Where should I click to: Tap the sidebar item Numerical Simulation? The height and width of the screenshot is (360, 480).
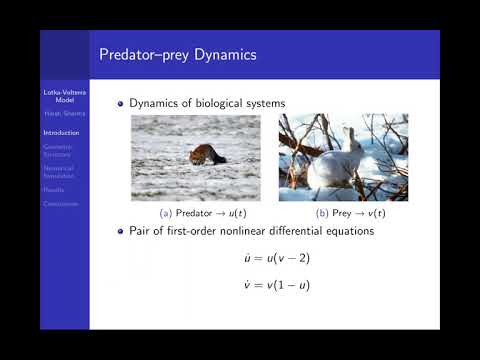(60, 170)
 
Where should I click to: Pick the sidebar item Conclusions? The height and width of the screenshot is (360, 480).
(60, 204)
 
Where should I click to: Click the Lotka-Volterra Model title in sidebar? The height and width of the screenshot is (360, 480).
(65, 96)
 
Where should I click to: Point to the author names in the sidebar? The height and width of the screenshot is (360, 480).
(65, 113)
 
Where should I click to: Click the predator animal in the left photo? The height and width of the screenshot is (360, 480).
(208, 156)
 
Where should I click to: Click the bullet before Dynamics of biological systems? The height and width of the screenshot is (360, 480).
(121, 102)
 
